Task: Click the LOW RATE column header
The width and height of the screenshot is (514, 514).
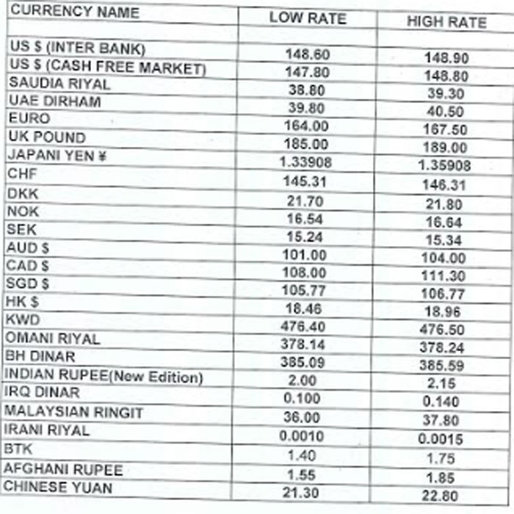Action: [307, 18]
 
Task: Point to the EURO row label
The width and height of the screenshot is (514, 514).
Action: [29, 118]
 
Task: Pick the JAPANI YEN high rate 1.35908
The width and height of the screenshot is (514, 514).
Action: [444, 166]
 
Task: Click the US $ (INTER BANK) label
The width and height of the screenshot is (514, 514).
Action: [78, 48]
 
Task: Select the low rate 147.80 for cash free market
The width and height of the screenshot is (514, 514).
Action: [307, 72]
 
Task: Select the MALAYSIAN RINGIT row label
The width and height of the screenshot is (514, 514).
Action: [74, 412]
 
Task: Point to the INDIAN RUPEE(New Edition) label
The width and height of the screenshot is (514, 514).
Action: [104, 376]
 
